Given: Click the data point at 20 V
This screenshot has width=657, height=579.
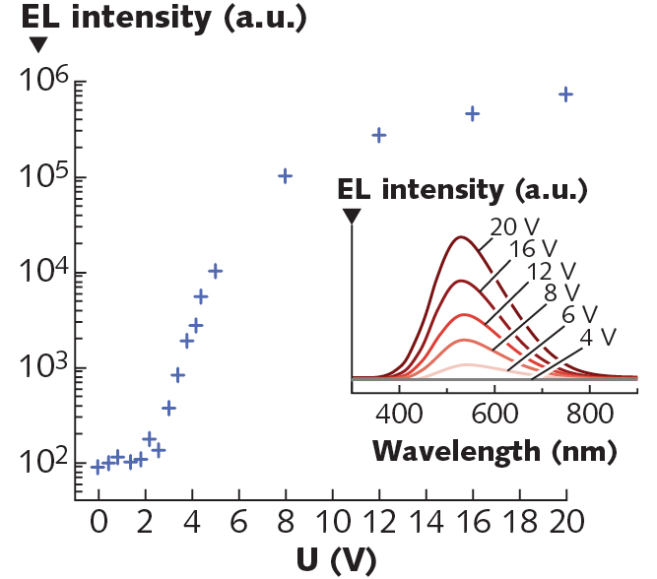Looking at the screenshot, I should [x=565, y=94].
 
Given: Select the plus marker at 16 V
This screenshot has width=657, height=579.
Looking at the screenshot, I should [x=472, y=113].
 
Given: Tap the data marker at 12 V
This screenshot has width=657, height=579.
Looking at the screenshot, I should [x=378, y=135].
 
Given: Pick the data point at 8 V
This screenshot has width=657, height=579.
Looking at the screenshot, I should [x=285, y=176].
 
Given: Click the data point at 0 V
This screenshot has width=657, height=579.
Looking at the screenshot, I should [x=98, y=467].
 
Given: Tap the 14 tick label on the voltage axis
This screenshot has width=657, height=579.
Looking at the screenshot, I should [x=425, y=520].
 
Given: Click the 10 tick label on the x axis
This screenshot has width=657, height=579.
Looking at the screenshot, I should [x=331, y=520].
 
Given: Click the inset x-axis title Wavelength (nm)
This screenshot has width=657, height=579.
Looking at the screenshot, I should [x=494, y=451].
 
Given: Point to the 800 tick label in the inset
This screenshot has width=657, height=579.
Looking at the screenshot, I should [x=590, y=412].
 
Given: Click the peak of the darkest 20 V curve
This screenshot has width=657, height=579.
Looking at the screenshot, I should [x=459, y=236].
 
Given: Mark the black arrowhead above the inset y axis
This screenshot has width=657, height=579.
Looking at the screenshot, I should [x=352, y=216].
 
